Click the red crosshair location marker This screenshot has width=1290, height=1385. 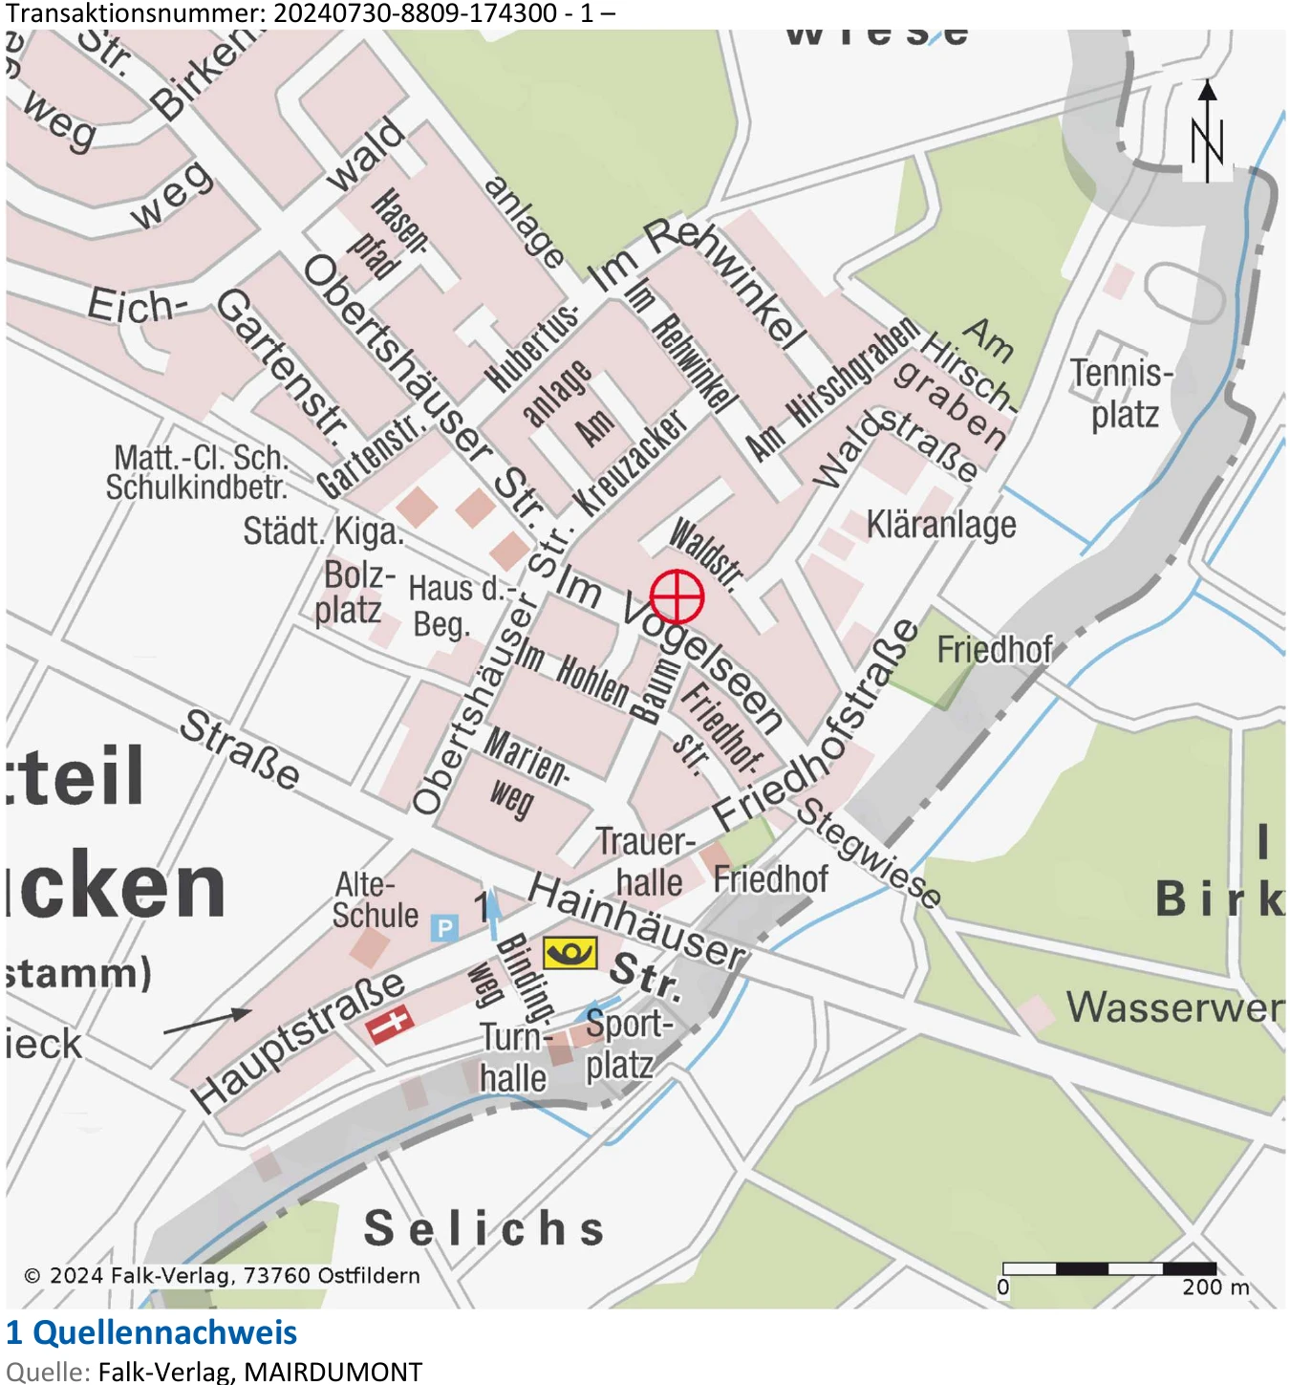677,596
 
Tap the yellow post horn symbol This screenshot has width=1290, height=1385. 570,952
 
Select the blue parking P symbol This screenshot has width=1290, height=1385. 444,927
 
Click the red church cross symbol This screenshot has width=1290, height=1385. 390,1024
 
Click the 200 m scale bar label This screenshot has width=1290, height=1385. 1215,1287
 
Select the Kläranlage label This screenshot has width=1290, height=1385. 941,525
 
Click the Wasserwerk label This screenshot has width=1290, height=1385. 1174,1007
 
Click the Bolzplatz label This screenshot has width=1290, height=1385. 355,594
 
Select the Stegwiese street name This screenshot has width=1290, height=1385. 869,852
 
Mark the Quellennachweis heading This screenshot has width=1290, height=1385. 152,1332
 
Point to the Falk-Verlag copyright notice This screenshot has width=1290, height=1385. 222,1276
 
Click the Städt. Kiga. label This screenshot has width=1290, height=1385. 323,531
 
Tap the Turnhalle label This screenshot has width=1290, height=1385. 514,1058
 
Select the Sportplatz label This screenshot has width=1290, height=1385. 626,1044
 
